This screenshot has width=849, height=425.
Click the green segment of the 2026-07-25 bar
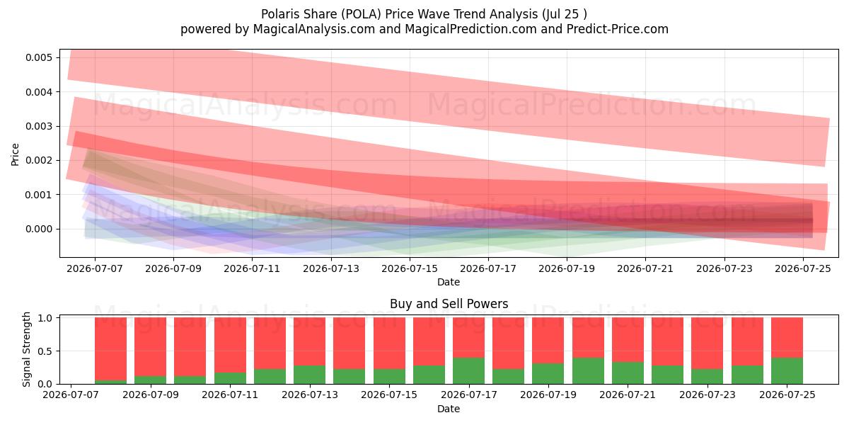[x=787, y=370]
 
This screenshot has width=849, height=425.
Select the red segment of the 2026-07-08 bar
[x=110, y=348]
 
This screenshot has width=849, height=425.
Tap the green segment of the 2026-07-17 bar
[x=469, y=370]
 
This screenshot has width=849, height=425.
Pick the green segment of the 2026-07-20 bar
[x=588, y=370]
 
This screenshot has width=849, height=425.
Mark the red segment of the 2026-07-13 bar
[x=310, y=341]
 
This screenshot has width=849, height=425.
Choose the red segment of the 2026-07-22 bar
[x=668, y=341]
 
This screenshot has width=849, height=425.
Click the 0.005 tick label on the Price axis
[x=39, y=57]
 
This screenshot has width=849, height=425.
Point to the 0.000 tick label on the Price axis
[x=39, y=229]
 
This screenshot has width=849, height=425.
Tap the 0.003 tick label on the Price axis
[x=39, y=126]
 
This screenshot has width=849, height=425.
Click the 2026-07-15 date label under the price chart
[x=410, y=268]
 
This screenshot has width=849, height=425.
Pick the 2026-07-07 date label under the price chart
[x=95, y=268]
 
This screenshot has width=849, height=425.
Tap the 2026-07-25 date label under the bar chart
[x=787, y=395]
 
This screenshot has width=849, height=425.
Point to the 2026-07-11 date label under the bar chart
[x=230, y=395]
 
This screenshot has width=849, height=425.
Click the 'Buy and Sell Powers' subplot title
[x=449, y=304]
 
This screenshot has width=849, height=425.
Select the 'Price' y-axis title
[x=15, y=154]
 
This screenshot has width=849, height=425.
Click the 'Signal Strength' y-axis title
[x=26, y=349]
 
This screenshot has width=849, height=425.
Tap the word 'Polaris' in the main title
[x=280, y=14]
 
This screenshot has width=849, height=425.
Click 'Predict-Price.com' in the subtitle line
[x=618, y=29]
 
